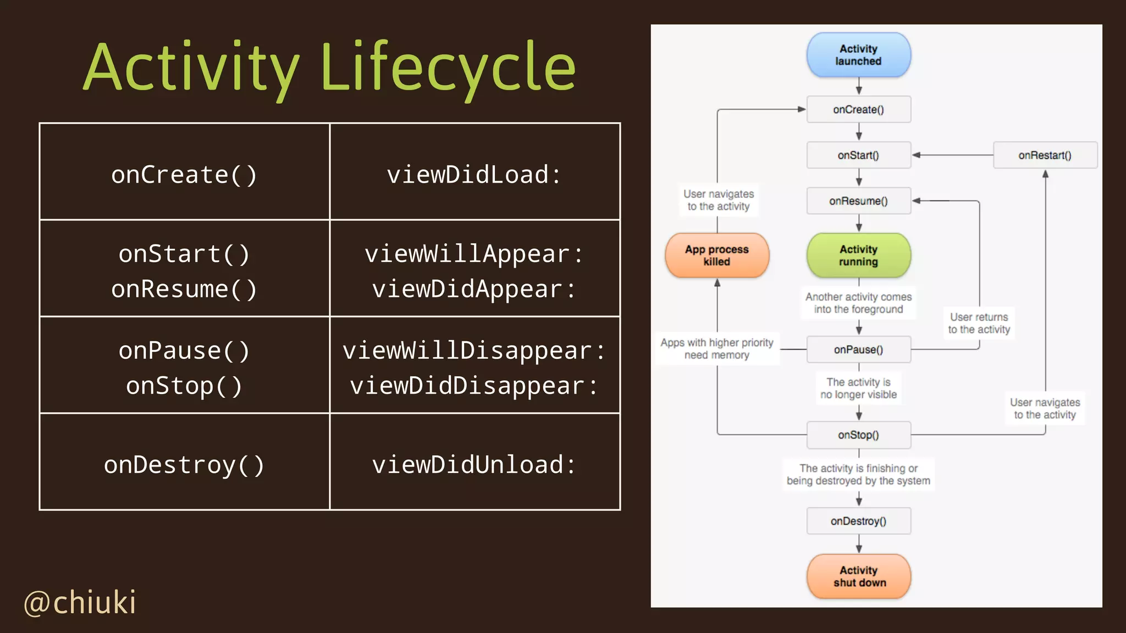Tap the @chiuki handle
coord(80,602)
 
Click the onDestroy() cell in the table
coord(184,465)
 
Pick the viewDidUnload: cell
coord(474,465)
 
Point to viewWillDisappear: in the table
coord(474,351)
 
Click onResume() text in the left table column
coord(184,289)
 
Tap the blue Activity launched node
coord(858,55)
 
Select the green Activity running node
coord(858,256)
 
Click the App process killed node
coord(717,256)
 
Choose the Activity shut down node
coord(859,576)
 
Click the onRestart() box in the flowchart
coord(1045,156)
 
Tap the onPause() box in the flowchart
coord(858,349)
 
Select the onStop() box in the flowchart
coord(858,435)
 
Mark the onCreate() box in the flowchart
coord(858,109)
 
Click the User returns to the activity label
coord(979,323)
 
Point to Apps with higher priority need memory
coord(717,348)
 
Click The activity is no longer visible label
coord(858,388)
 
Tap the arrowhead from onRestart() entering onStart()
coord(917,156)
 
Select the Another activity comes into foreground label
coord(858,303)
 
